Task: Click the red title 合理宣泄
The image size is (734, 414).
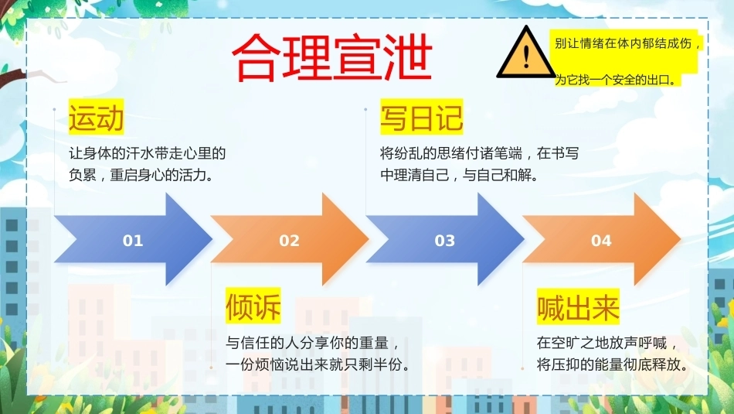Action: coord(331,57)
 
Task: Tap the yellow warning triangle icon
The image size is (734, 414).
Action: coord(526,53)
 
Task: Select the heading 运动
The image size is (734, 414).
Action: coord(97,117)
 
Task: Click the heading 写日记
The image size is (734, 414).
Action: coord(421,117)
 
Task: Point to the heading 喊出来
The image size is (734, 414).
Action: coord(578,307)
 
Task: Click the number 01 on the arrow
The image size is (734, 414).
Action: coord(133,241)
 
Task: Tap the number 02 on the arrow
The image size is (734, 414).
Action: coord(289,241)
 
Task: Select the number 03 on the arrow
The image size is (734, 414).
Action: coord(445,241)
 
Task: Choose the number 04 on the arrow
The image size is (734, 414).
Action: coord(601,241)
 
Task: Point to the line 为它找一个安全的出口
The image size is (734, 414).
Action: coord(616,80)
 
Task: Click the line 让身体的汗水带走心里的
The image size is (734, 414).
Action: coord(148,153)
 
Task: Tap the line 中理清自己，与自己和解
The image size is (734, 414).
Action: coord(460,175)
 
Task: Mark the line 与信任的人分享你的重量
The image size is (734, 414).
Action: coord(312,344)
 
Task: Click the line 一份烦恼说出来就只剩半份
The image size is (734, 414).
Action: coord(318,364)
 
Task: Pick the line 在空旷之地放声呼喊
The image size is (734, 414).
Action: coord(607,344)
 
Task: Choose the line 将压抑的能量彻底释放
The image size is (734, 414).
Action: coord(613,364)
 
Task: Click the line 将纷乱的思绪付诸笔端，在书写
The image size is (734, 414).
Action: coord(479,153)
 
